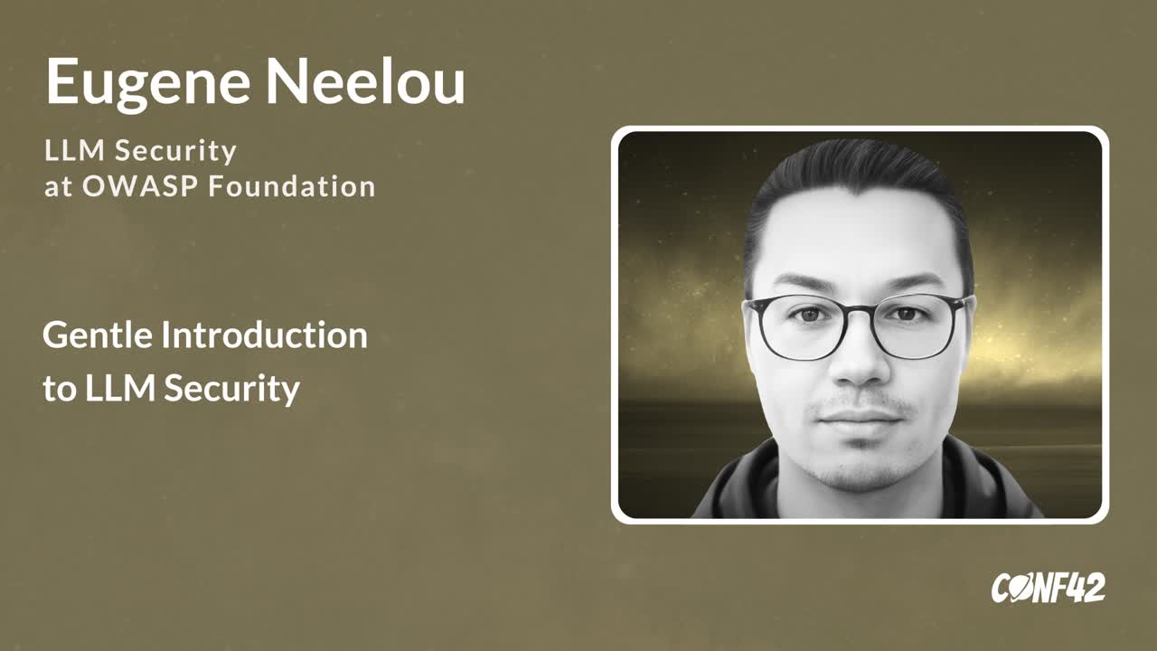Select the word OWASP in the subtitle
point(140,186)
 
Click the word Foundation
point(292,186)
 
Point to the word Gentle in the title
point(98,335)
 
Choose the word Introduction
point(265,335)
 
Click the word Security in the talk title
point(232,389)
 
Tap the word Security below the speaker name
point(175,151)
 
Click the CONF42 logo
point(1048,588)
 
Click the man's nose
point(860,362)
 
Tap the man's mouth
point(860,418)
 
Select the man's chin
point(861,467)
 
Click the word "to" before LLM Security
point(59,389)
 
